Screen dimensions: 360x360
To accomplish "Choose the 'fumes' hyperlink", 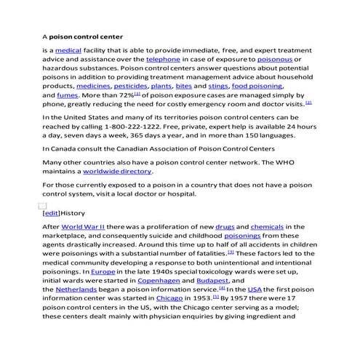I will coord(67,95).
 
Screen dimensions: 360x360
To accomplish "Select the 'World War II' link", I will coord(83,227).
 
